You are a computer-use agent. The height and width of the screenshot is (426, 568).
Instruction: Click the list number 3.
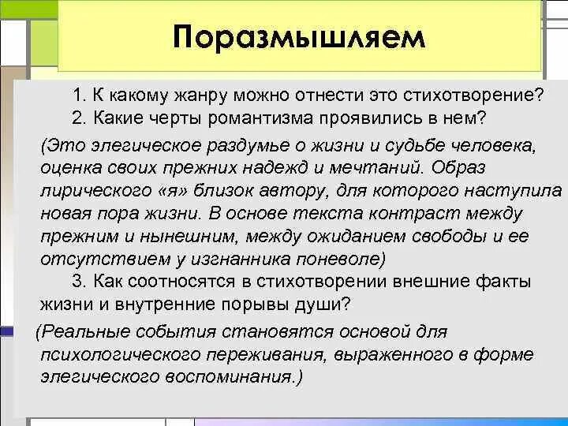tap(77, 281)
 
